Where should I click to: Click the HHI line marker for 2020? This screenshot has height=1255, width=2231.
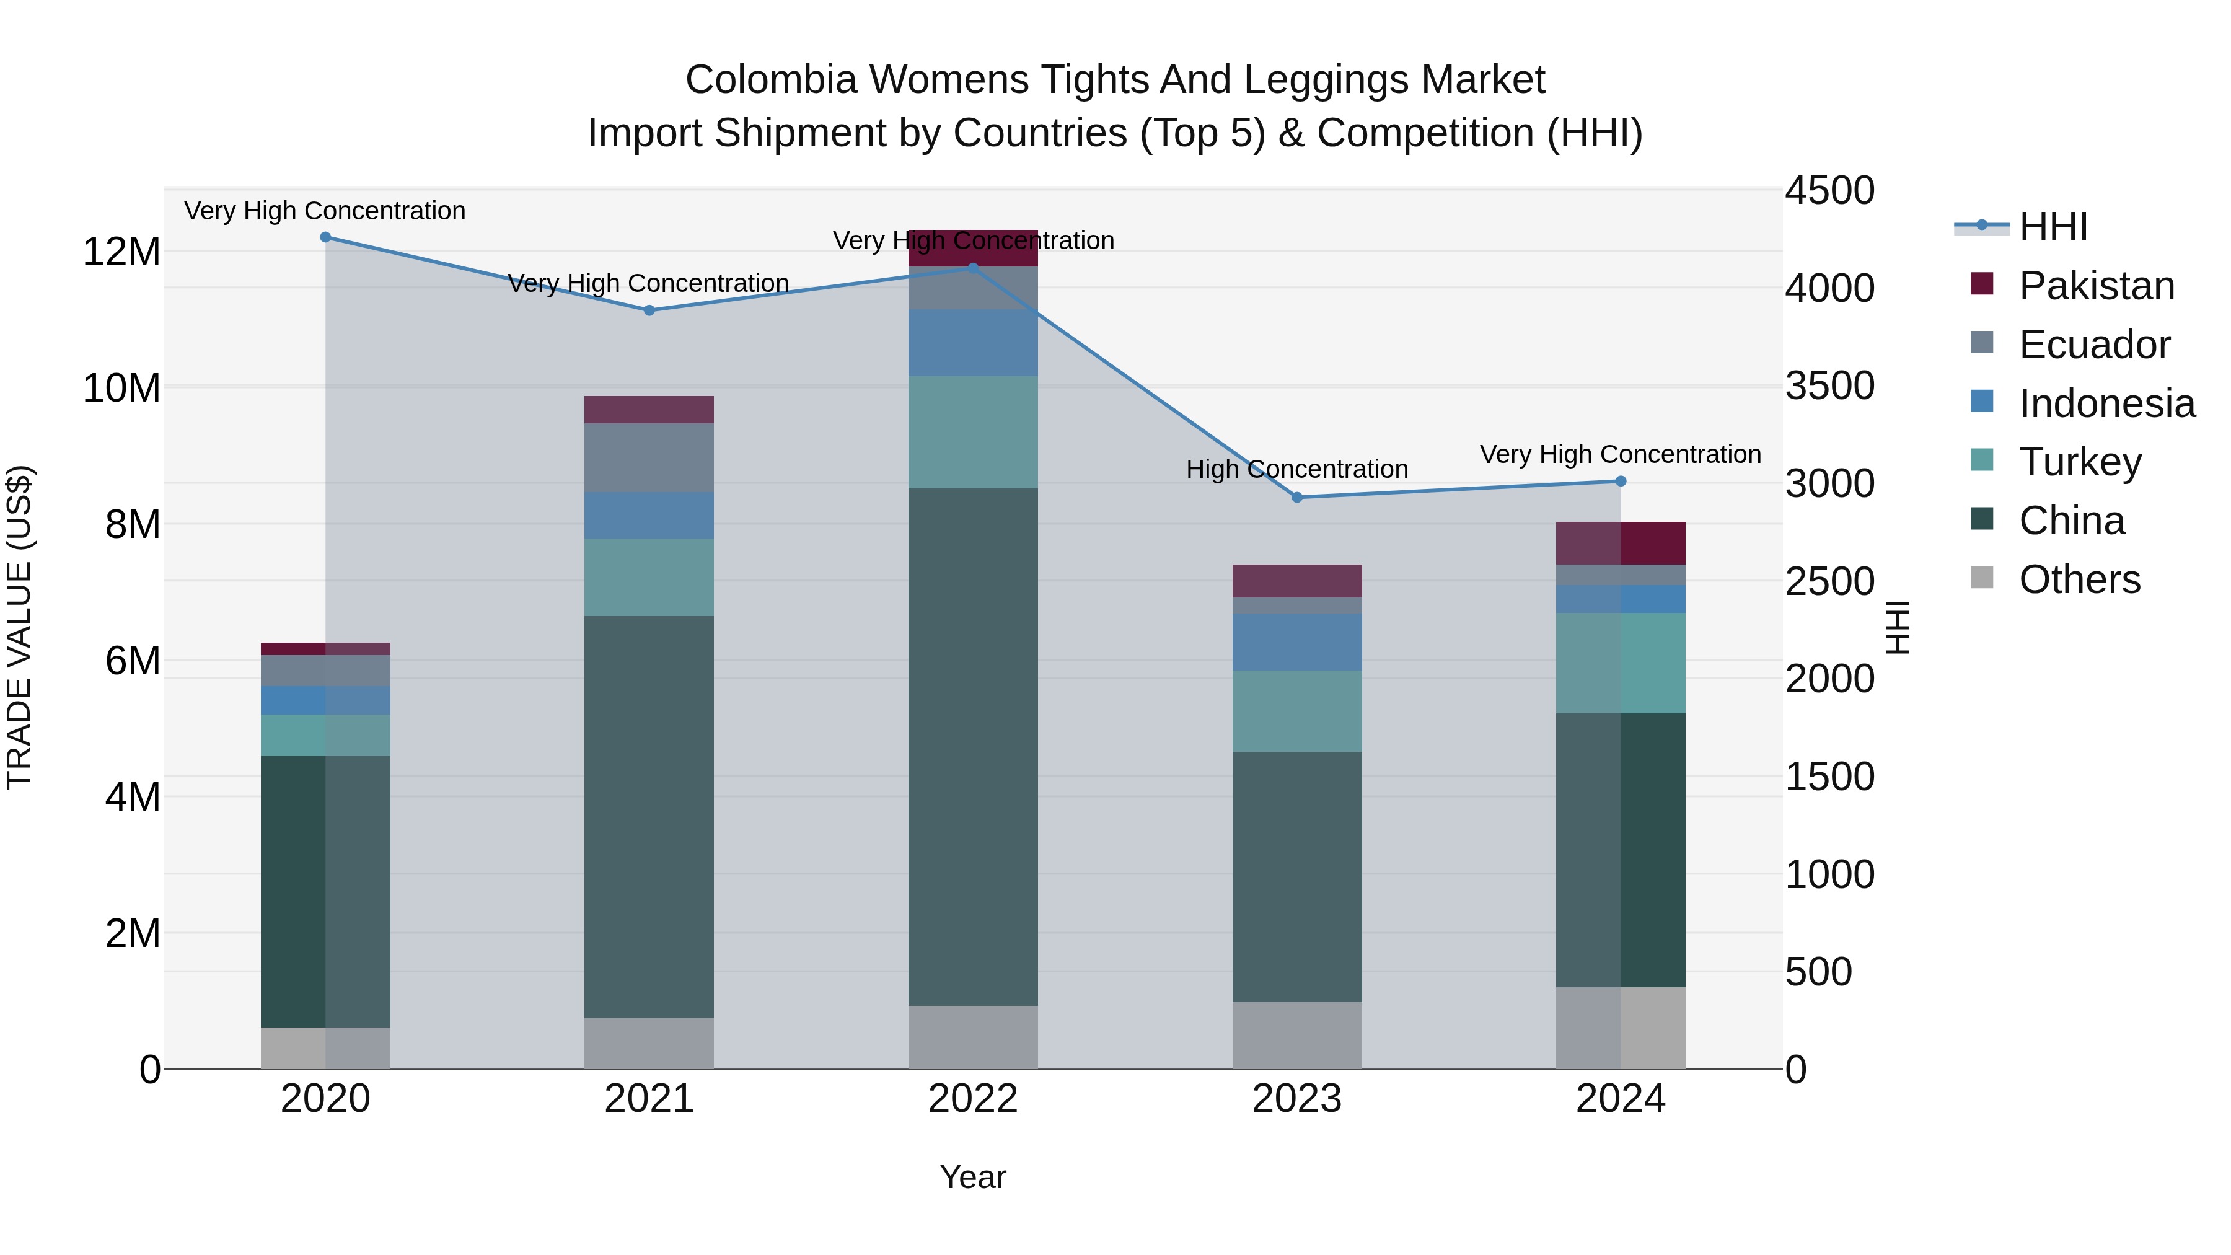click(x=325, y=237)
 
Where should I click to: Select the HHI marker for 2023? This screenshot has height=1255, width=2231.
click(x=1296, y=497)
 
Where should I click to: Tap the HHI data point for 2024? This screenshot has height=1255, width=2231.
click(x=1621, y=481)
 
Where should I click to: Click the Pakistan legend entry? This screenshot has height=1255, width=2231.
click(x=2096, y=286)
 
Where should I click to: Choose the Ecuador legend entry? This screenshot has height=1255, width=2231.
click(x=2093, y=345)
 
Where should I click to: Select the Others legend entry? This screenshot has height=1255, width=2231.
click(x=2079, y=579)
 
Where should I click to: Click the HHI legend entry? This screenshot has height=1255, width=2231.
click(x=2053, y=227)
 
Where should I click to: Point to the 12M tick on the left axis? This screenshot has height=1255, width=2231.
click(x=121, y=252)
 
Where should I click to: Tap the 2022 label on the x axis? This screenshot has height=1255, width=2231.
click(x=972, y=1099)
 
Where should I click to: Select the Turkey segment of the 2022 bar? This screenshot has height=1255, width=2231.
click(x=972, y=431)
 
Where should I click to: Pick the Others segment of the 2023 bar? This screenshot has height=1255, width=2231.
click(x=1296, y=1035)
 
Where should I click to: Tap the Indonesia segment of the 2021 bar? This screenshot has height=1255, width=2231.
click(x=649, y=516)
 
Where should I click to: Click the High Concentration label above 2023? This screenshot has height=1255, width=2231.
click(x=1296, y=469)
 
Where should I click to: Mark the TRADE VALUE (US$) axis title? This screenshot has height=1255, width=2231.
click(x=19, y=627)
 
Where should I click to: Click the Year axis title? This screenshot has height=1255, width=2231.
click(x=972, y=1177)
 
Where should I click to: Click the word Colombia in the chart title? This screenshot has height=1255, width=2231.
click(x=771, y=80)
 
